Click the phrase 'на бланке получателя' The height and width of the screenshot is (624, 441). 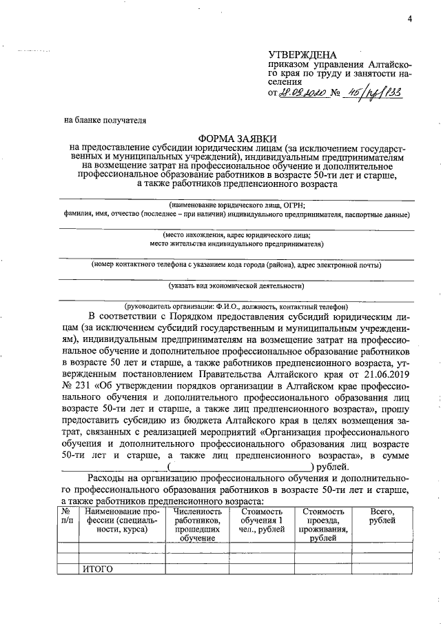[105, 119]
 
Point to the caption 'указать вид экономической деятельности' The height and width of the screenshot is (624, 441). [237, 285]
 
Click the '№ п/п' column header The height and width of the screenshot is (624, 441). [68, 516]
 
